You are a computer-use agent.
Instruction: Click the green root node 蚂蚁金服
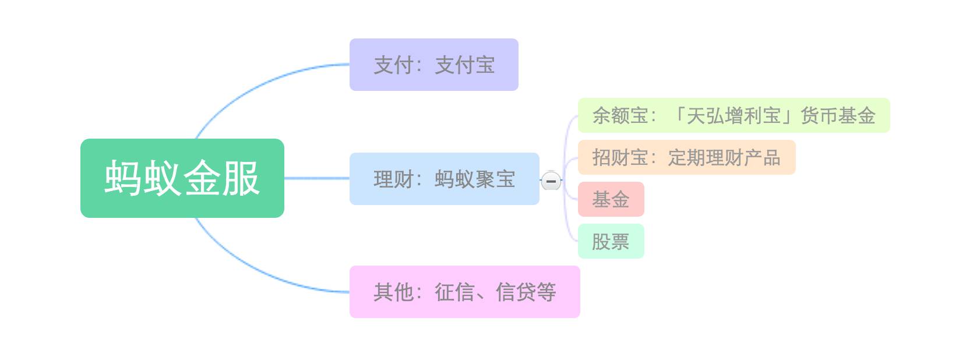click(x=182, y=178)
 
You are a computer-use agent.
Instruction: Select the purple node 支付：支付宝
click(x=433, y=65)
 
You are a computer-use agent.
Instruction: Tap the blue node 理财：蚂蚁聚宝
click(x=444, y=179)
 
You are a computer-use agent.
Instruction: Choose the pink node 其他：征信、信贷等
click(x=464, y=292)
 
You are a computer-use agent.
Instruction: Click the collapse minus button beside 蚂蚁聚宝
click(x=551, y=181)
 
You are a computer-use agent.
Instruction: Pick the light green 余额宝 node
click(x=733, y=115)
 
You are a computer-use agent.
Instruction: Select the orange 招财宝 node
click(x=686, y=157)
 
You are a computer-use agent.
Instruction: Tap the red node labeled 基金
click(x=611, y=199)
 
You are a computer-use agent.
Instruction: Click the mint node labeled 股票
click(x=611, y=241)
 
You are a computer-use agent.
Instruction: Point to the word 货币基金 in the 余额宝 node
click(x=838, y=115)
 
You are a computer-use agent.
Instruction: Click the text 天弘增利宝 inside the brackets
click(x=734, y=115)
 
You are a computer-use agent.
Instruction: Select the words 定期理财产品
click(x=724, y=157)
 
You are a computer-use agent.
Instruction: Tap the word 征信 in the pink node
click(x=454, y=292)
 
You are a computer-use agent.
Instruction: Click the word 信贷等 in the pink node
click(x=526, y=292)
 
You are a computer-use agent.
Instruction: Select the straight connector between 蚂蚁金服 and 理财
click(x=316, y=178)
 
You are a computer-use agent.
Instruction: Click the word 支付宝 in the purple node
click(x=465, y=65)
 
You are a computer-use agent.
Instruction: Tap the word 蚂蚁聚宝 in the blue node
click(x=475, y=179)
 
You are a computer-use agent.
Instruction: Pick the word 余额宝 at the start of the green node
click(x=620, y=115)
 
